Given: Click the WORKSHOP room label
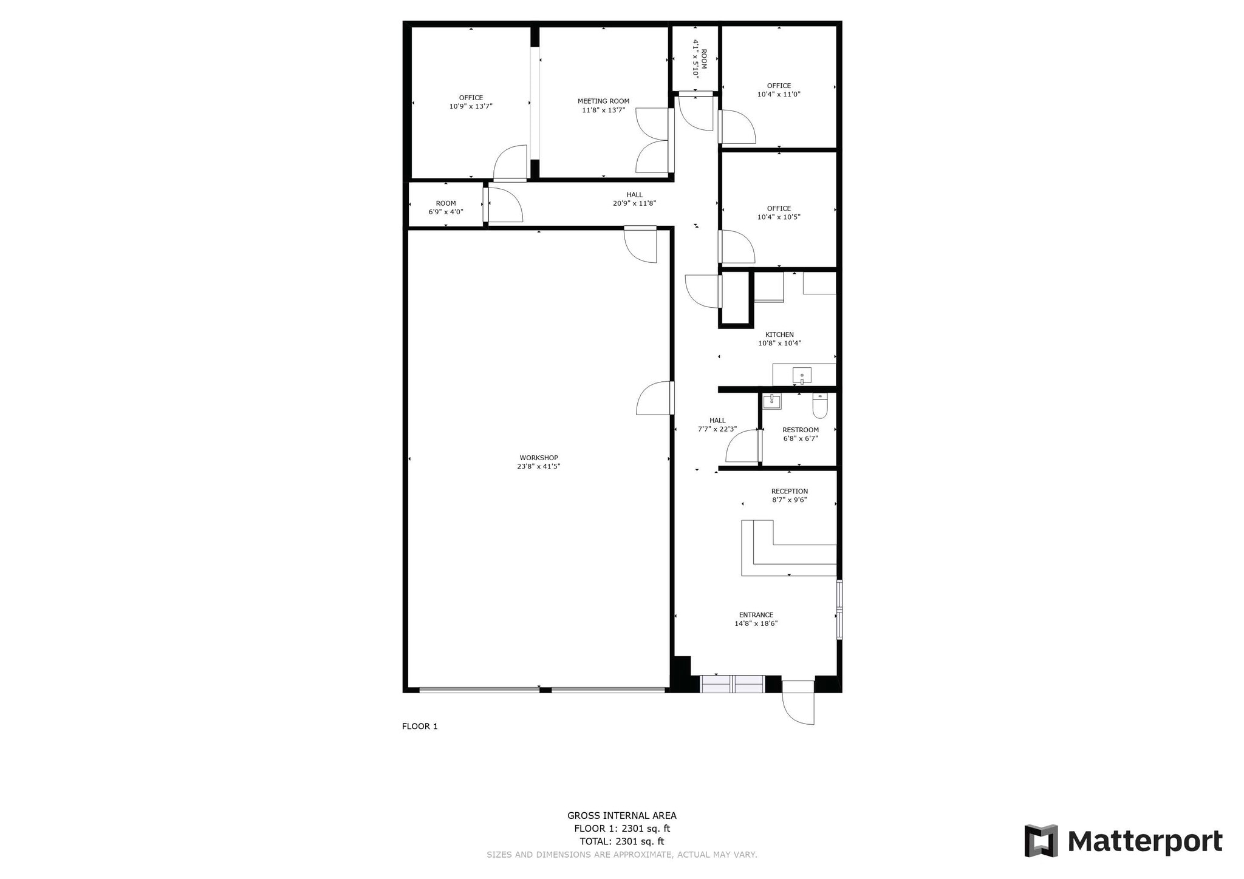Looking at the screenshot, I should pyautogui.click(x=538, y=458).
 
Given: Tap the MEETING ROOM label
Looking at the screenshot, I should pyautogui.click(x=603, y=101).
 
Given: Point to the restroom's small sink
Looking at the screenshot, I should pyautogui.click(x=771, y=401).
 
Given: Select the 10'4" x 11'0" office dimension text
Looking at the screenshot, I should pyautogui.click(x=779, y=95).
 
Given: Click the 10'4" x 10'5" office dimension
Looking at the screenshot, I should pyautogui.click(x=779, y=217).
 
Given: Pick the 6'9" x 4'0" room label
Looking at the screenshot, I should pyautogui.click(x=446, y=212).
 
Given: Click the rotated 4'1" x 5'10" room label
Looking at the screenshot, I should pyautogui.click(x=696, y=59).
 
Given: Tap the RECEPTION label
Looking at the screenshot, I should pyautogui.click(x=790, y=491).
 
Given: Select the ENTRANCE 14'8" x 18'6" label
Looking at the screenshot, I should pyautogui.click(x=756, y=619).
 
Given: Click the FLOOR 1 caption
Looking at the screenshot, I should pyautogui.click(x=420, y=726).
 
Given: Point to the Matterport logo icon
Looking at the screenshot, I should pyautogui.click(x=1041, y=841).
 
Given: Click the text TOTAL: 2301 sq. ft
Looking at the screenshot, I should pyautogui.click(x=621, y=841).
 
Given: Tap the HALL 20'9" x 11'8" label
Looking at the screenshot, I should pyautogui.click(x=634, y=199).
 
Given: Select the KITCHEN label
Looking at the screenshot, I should pyautogui.click(x=779, y=334).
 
